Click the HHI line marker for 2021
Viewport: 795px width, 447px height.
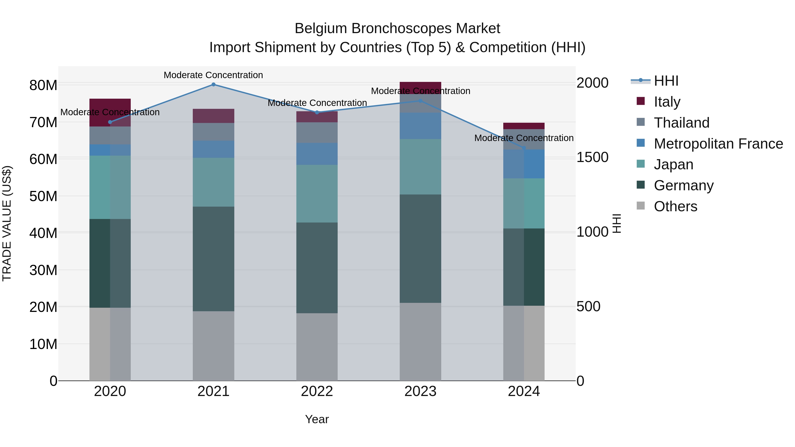[x=213, y=85]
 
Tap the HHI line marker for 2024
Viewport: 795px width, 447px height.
[x=524, y=148]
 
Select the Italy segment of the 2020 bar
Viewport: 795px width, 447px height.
[x=110, y=113]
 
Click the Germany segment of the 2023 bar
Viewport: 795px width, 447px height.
[x=420, y=248]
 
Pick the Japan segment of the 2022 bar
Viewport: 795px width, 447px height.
[x=317, y=194]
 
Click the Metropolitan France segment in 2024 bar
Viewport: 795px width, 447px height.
[x=524, y=164]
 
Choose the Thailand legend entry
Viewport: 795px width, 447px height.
[x=681, y=123]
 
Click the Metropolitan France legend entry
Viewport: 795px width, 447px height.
[x=718, y=144]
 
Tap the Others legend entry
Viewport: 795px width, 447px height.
[x=675, y=206]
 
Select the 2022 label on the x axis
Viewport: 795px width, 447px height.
[x=317, y=391]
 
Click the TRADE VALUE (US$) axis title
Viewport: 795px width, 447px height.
[x=7, y=223]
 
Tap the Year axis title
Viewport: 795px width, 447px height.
[x=317, y=419]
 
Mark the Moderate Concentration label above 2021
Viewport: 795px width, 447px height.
[x=213, y=75]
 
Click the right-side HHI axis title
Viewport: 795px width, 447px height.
[x=616, y=223]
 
